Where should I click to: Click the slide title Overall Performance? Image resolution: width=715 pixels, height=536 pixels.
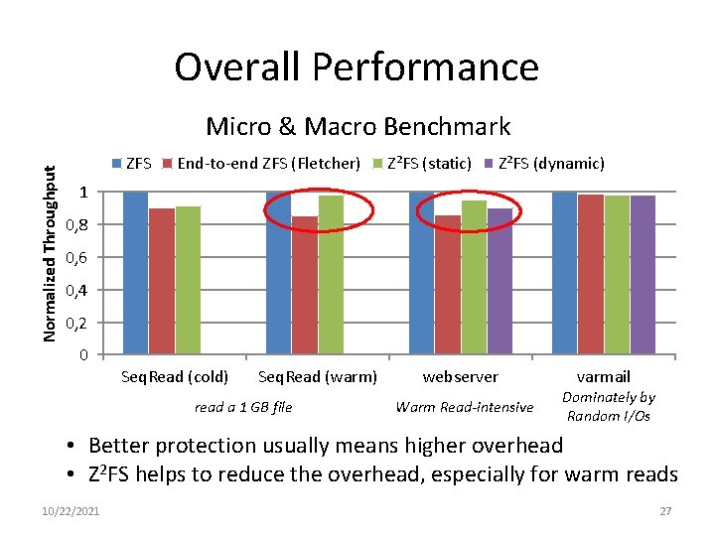[357, 67]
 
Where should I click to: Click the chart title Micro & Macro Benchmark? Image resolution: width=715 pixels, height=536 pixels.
[357, 126]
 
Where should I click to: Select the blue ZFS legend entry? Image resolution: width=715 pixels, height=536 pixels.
[132, 163]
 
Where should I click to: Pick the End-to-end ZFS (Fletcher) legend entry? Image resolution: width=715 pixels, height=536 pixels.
[260, 163]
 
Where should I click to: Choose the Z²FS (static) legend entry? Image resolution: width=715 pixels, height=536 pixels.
[422, 163]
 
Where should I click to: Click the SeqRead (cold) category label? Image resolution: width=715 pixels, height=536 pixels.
[174, 377]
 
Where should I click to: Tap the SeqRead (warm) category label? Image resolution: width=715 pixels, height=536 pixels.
[317, 377]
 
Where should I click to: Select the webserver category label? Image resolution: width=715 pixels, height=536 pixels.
[460, 377]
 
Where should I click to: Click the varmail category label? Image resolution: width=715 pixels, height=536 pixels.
[604, 377]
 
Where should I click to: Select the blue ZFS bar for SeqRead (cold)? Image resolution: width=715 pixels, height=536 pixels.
[135, 273]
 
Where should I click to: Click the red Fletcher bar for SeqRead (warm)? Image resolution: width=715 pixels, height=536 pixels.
[305, 286]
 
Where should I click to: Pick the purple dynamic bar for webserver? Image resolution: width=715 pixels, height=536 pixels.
[500, 282]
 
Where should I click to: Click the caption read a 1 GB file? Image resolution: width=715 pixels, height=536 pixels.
[243, 406]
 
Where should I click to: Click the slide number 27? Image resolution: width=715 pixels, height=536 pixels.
[667, 510]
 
